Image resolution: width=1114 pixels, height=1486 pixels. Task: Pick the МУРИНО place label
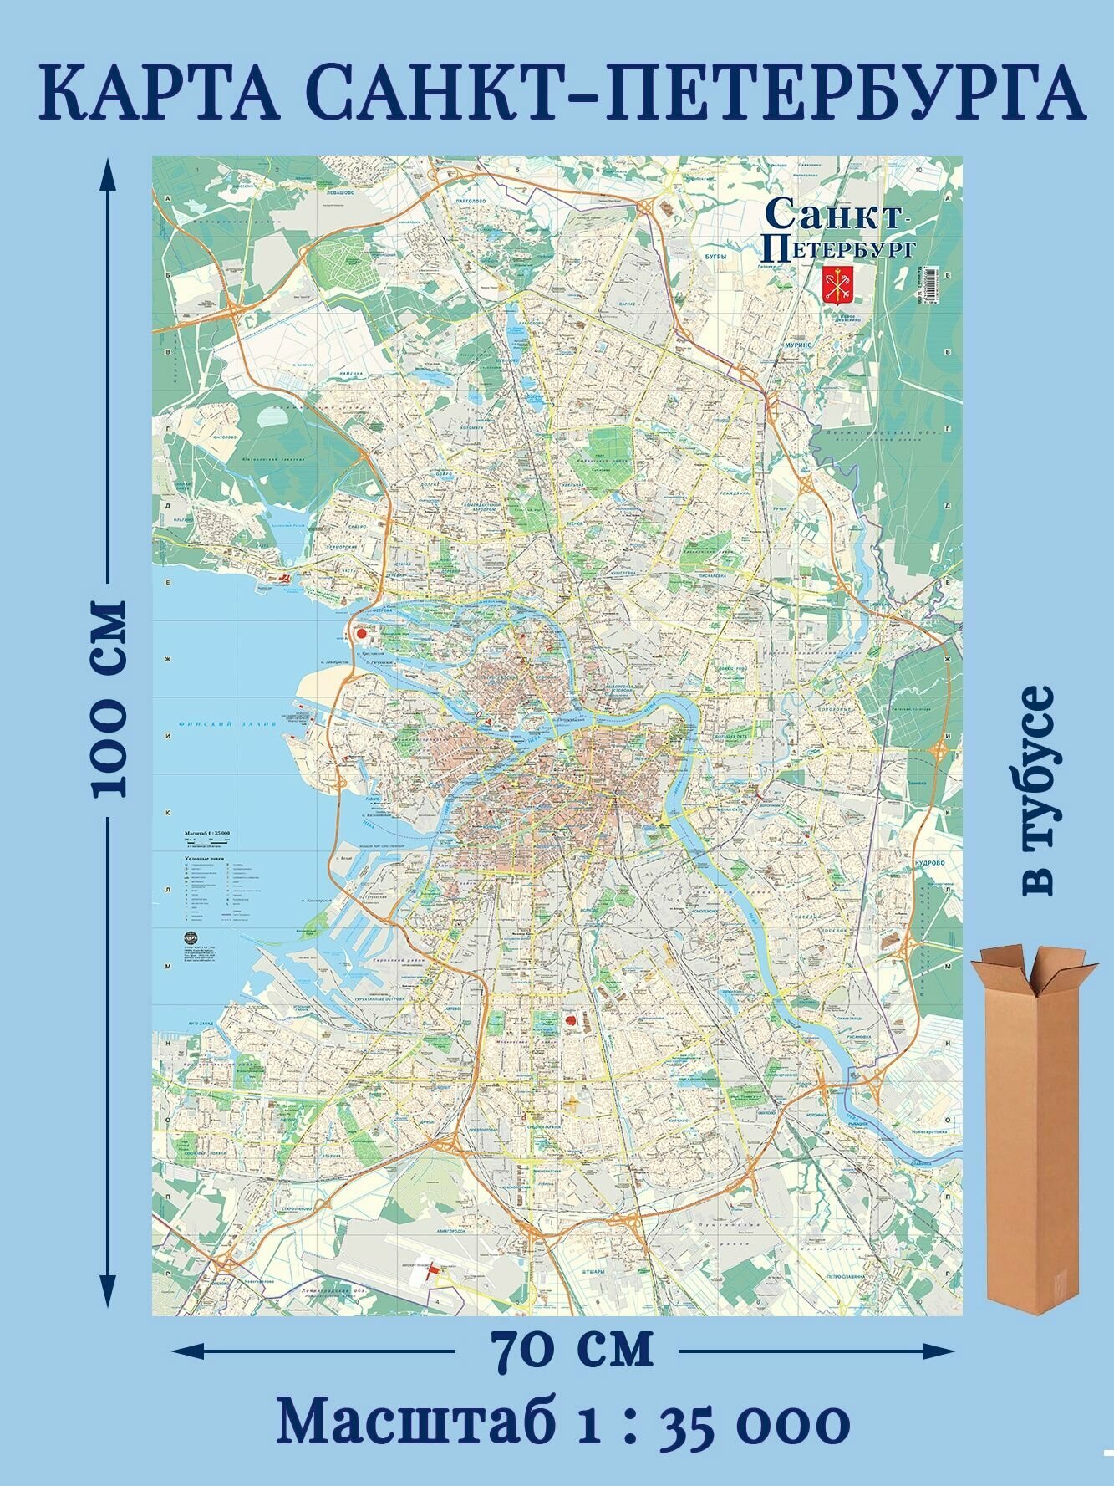pos(791,345)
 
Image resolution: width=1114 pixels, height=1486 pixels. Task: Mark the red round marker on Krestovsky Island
pos(362,634)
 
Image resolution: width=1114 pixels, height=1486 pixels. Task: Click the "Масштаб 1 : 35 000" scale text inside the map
pos(206,834)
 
